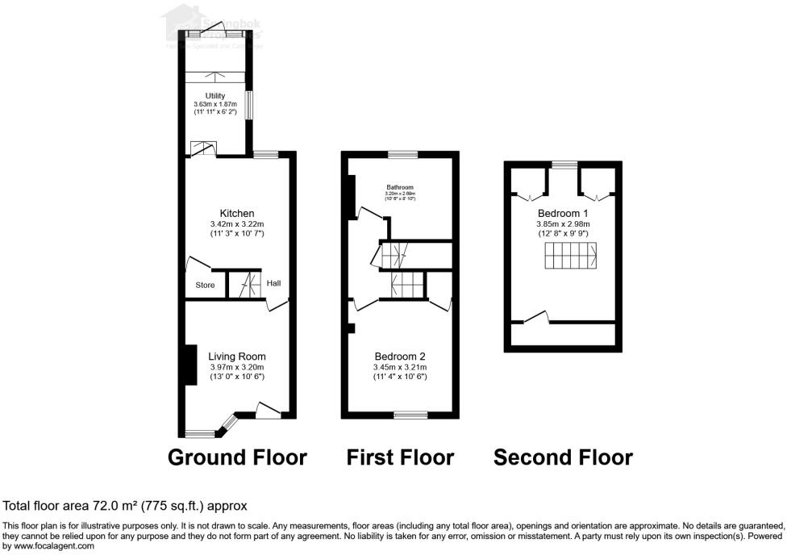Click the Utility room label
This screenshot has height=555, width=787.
pos(214,96)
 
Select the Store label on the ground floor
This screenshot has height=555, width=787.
pos(205,285)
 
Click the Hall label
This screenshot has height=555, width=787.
pos(274,283)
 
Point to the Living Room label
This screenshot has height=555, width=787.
pos(236,357)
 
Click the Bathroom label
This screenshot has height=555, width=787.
pos(399,187)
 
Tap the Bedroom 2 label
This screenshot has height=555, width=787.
pos(400,357)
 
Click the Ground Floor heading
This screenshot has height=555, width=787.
pos(237,457)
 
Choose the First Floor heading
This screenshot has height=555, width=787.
pos(400,457)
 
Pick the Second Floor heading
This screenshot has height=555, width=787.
pos(563,457)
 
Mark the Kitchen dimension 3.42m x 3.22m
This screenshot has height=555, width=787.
pos(237,224)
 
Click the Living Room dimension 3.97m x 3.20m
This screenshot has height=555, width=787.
pos(236,367)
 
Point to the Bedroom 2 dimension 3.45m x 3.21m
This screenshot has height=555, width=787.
pos(400,367)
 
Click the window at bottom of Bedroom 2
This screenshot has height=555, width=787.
pos(411,415)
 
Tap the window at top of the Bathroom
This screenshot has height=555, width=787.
pos(402,154)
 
